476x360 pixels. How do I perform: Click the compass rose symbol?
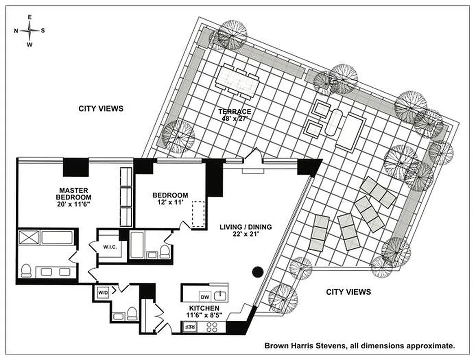(x=30, y=31)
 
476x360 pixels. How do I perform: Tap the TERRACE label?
(x=234, y=112)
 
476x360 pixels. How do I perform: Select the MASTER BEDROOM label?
(x=74, y=193)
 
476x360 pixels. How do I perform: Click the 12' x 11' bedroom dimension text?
(x=170, y=202)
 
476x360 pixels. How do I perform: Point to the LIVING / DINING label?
(x=245, y=227)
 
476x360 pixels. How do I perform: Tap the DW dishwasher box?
(x=205, y=297)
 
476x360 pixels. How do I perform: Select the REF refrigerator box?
(x=189, y=327)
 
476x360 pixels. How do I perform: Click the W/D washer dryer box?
(x=103, y=292)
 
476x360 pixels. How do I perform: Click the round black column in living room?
(x=257, y=271)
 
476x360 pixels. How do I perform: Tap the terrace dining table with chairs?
(x=238, y=82)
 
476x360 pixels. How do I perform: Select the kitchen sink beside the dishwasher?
(x=220, y=296)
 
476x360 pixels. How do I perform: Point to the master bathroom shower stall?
(x=28, y=237)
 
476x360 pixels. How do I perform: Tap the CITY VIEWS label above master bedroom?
(x=101, y=108)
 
